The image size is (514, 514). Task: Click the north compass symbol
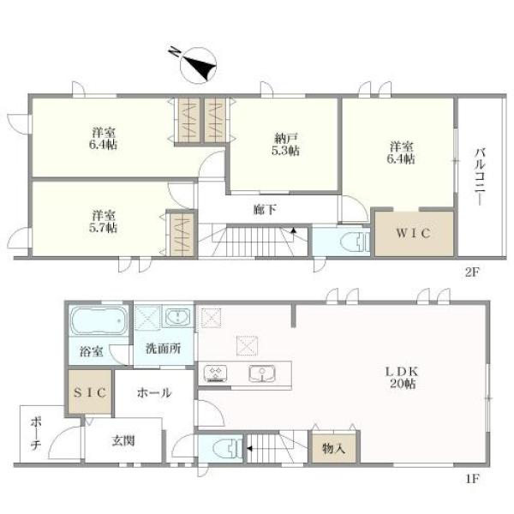tap(194, 64)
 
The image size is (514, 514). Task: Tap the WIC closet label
tap(413, 233)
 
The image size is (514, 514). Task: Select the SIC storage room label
tap(90, 392)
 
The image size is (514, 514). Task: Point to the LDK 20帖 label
tap(403, 377)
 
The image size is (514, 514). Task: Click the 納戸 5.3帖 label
tap(285, 145)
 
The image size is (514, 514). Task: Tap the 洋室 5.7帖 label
tap(104, 222)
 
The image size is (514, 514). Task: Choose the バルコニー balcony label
tap(481, 177)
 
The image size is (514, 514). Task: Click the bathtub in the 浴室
tap(99, 320)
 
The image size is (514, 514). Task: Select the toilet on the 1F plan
tap(227, 448)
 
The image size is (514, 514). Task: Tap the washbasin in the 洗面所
tap(177, 317)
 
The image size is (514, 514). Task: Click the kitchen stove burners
tap(215, 374)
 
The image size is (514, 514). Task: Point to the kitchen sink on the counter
tap(262, 374)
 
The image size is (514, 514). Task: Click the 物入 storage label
tap(333, 448)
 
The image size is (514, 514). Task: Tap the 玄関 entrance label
tap(123, 440)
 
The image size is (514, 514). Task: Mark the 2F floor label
tap(472, 272)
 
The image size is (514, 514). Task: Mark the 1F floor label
tap(473, 479)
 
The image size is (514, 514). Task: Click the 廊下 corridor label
tap(266, 210)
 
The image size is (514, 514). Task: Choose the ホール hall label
tap(154, 392)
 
